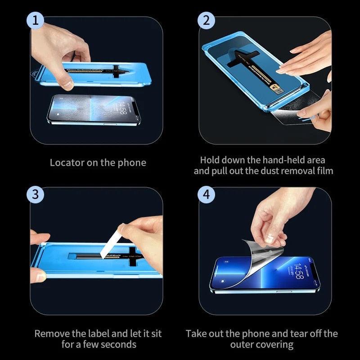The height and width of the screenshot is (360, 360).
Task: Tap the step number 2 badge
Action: point(207,20)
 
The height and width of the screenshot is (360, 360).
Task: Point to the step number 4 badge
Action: point(207,194)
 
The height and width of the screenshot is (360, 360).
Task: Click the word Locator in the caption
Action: point(67,162)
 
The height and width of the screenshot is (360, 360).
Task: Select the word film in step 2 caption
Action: point(324,171)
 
